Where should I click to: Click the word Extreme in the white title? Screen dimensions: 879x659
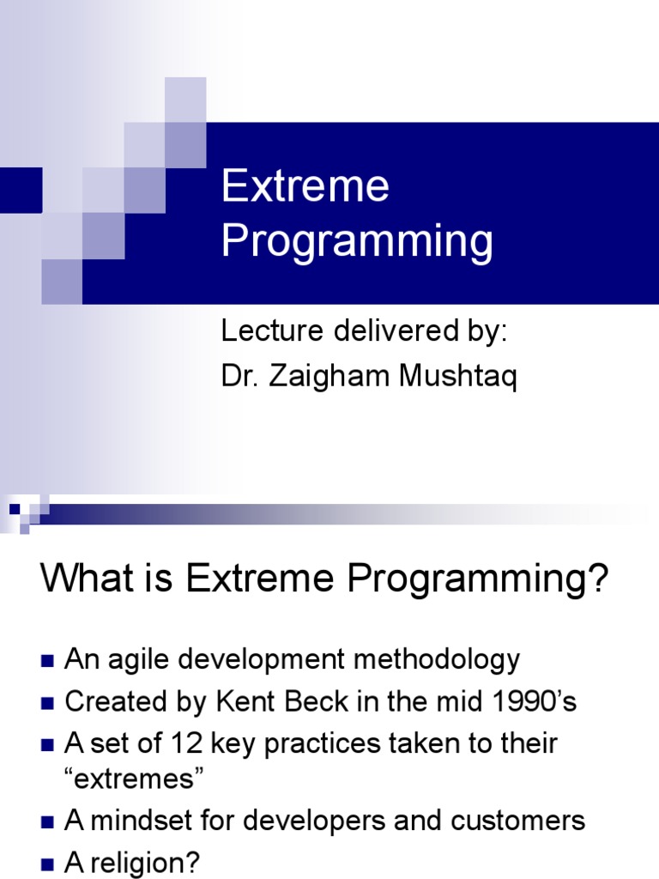click(305, 187)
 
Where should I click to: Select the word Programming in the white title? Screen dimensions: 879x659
click(357, 242)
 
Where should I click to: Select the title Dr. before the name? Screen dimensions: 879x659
click(239, 379)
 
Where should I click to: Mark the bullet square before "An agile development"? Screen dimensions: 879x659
click(47, 662)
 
